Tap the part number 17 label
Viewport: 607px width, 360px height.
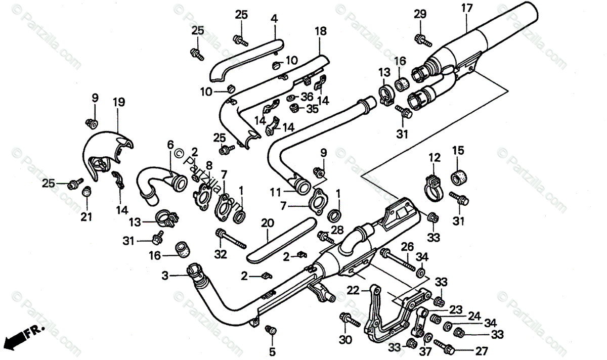[x=466, y=9]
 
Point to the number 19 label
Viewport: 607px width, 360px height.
[x=118, y=103]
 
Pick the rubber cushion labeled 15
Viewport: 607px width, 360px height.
[x=458, y=178]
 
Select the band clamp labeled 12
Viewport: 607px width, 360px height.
[x=433, y=186]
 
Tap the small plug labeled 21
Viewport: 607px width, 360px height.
[x=86, y=191]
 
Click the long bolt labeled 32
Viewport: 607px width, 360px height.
[x=230, y=239]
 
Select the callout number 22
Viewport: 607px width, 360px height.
[x=353, y=290]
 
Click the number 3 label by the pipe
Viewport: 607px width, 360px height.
[x=165, y=276]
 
